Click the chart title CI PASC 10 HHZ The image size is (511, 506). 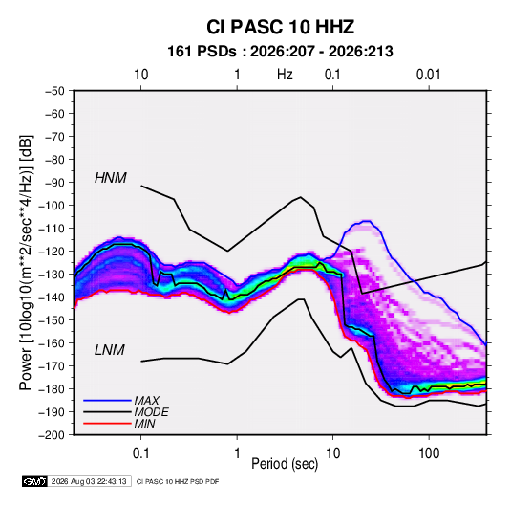tap(280, 27)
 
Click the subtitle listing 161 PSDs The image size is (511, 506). tap(280, 52)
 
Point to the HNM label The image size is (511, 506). tap(111, 178)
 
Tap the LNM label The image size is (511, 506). tap(110, 350)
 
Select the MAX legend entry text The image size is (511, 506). tap(147, 401)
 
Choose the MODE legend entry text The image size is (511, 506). tap(151, 412)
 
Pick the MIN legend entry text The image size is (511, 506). tap(144, 424)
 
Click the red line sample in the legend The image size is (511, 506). tap(107, 424)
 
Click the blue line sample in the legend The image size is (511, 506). tap(107, 401)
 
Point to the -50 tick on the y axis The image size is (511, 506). tap(54, 91)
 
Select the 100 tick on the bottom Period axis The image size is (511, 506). tap(429, 453)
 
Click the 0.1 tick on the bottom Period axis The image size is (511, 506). tap(140, 453)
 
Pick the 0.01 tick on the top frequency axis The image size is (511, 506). tap(429, 75)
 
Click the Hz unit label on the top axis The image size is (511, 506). tap(285, 75)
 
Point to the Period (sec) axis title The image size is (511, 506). tap(285, 464)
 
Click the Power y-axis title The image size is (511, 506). tap(26, 262)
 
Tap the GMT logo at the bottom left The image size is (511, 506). tap(35, 481)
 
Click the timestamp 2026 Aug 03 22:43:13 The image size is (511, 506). tap(89, 481)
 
